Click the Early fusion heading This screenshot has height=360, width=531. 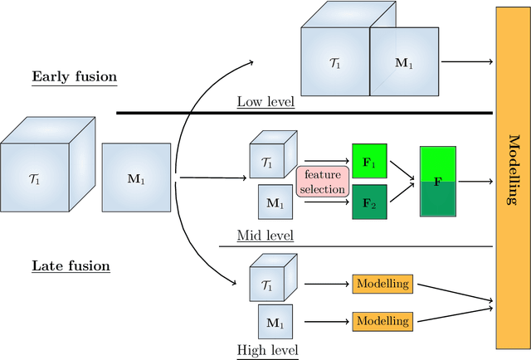point(74,77)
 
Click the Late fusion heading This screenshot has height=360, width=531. point(71,266)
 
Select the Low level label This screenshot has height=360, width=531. point(264,103)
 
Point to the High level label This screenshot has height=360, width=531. point(267,350)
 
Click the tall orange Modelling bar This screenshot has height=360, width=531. point(512,178)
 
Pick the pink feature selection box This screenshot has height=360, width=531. point(321,182)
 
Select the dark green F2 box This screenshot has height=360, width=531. point(368,201)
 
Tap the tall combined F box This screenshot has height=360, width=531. point(437,182)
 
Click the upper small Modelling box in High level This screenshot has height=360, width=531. point(382,284)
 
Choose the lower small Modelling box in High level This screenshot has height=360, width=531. point(382,320)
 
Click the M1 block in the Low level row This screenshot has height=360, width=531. point(402,63)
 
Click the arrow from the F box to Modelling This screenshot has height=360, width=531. point(475,180)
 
